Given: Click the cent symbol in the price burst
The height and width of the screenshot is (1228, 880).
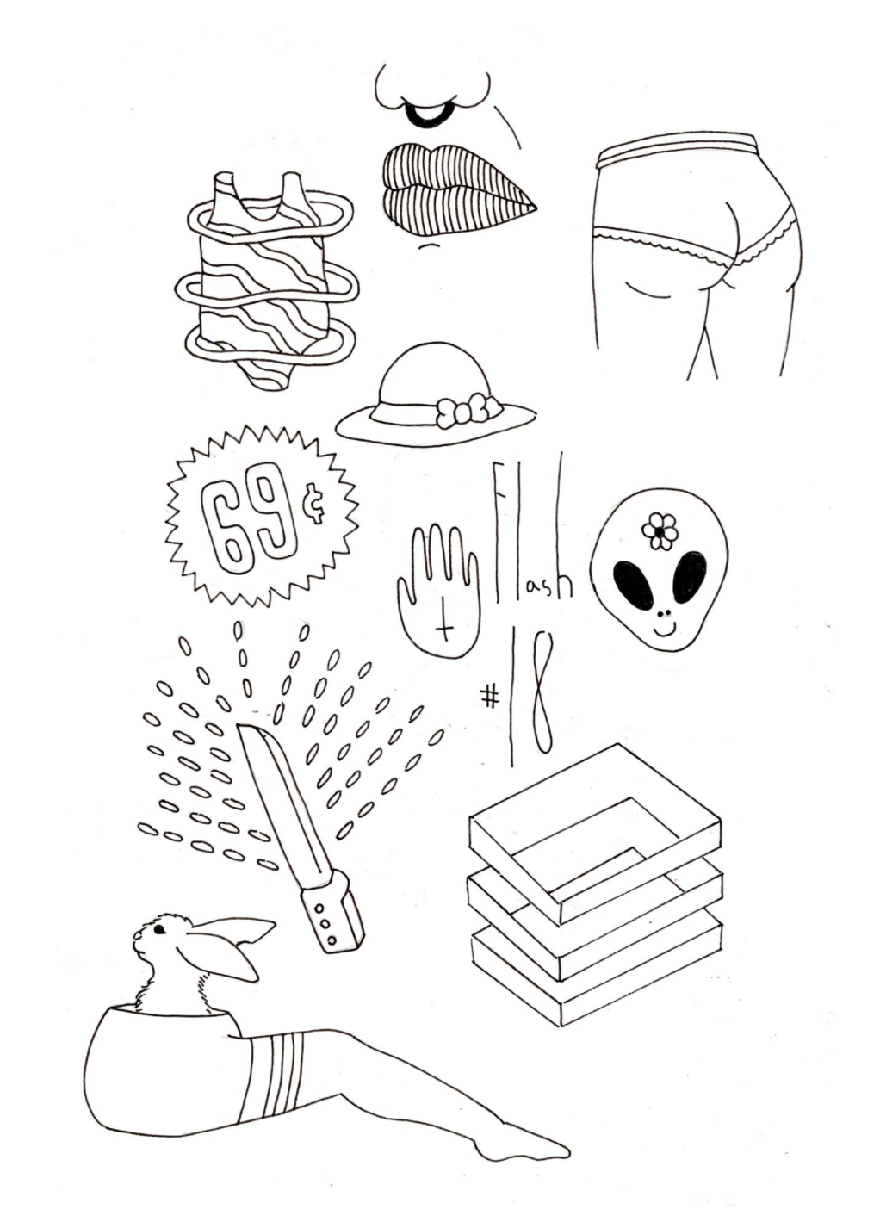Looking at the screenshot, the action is coord(317,514).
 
